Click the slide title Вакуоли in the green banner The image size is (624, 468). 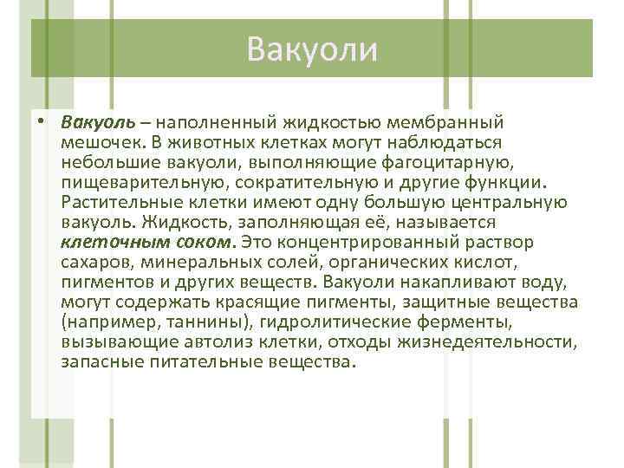312,49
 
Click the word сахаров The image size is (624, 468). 94,262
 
